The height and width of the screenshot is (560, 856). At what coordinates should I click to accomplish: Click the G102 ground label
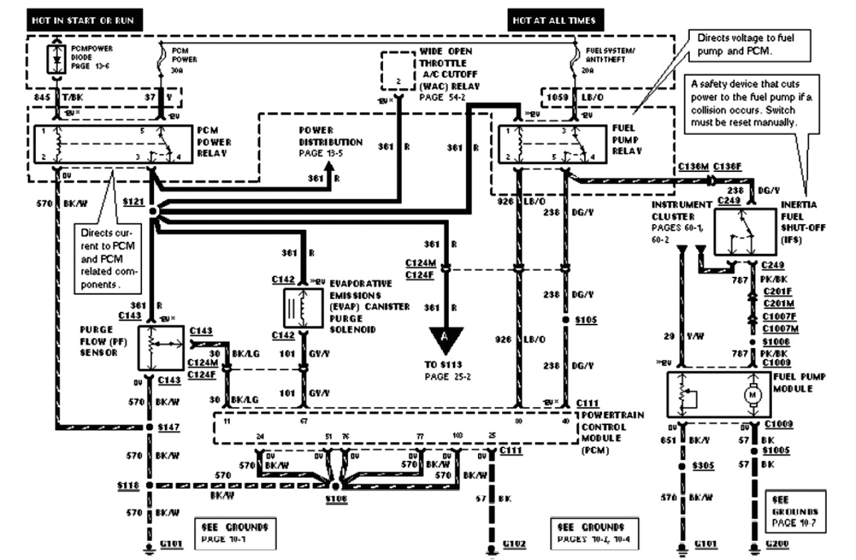click(x=514, y=544)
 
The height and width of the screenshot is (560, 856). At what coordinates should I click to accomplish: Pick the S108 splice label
click(x=335, y=500)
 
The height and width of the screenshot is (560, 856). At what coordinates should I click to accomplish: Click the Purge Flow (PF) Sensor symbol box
click(x=155, y=347)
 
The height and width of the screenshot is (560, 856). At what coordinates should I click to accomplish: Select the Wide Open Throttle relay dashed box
click(x=397, y=71)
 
